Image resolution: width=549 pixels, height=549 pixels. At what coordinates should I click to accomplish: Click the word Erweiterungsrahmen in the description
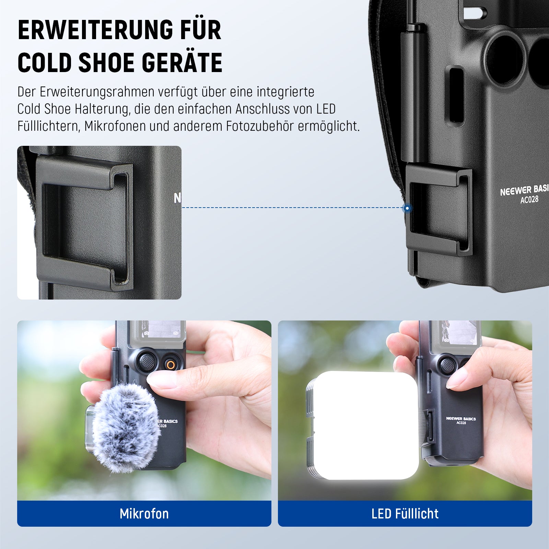tap(97, 92)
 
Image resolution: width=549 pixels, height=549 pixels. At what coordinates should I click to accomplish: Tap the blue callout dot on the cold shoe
tap(407, 208)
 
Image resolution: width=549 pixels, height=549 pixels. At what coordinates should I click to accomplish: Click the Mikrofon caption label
tap(144, 514)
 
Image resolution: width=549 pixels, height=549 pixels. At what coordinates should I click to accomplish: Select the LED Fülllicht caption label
tap(405, 514)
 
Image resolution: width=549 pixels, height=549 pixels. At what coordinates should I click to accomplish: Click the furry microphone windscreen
tap(125, 427)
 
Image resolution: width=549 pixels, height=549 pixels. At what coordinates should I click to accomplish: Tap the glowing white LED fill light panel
tap(365, 425)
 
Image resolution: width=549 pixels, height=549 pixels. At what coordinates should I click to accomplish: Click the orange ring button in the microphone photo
tap(170, 365)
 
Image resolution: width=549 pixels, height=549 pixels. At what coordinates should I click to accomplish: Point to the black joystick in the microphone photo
tap(147, 360)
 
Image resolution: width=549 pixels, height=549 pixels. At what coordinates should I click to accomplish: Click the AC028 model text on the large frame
tap(529, 199)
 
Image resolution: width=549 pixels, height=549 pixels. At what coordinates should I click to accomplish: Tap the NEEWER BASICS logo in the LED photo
tap(461, 419)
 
